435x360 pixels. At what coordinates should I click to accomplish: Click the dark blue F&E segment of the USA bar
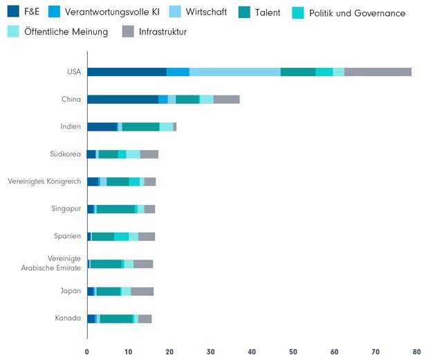click(x=127, y=72)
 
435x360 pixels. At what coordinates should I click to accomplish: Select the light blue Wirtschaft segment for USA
click(x=234, y=72)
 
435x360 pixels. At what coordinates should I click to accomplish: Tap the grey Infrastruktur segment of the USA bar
click(x=378, y=72)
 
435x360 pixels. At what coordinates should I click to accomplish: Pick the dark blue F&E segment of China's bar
click(x=122, y=100)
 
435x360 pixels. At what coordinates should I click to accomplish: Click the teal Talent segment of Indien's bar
click(x=140, y=127)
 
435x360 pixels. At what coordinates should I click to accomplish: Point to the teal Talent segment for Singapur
click(x=115, y=209)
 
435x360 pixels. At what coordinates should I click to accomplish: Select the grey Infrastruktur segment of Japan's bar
click(x=142, y=291)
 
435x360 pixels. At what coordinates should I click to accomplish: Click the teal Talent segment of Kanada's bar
click(x=115, y=318)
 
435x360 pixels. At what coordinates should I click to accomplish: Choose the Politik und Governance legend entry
click(x=357, y=13)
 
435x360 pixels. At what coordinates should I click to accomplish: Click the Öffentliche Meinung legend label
click(x=68, y=32)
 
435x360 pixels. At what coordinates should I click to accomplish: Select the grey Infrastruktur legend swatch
click(x=128, y=32)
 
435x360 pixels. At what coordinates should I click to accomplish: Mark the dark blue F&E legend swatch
click(x=13, y=12)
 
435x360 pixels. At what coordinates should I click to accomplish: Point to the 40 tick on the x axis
click(x=252, y=352)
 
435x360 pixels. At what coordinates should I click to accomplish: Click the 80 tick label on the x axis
click(x=417, y=352)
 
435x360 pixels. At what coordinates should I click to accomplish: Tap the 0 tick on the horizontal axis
click(x=87, y=352)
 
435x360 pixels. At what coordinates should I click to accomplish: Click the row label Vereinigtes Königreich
click(x=44, y=181)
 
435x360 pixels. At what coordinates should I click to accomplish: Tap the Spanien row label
click(x=68, y=236)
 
